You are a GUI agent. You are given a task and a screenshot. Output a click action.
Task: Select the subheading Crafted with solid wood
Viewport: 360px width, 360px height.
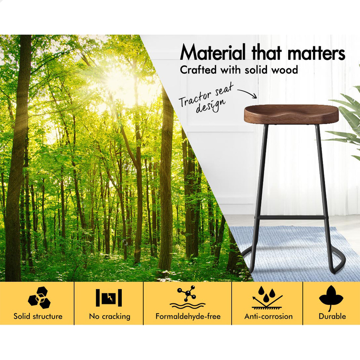pos(239,69)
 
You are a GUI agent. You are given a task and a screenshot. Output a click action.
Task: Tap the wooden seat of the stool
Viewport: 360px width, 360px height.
pos(288,114)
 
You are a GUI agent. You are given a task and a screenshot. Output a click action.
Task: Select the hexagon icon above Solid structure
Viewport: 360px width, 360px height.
pos(39,297)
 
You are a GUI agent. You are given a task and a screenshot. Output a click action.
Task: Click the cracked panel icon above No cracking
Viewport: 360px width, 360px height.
pos(109,298)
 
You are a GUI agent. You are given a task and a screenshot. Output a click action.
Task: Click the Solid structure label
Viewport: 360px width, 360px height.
pos(38,316)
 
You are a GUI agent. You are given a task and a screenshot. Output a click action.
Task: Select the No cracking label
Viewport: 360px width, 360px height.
pos(109,316)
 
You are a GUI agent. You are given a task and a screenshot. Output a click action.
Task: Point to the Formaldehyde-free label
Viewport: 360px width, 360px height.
pos(188,316)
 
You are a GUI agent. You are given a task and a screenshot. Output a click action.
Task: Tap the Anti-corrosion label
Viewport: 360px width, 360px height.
pos(269,316)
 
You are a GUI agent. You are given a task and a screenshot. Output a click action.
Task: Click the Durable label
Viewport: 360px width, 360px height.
pos(332,316)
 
